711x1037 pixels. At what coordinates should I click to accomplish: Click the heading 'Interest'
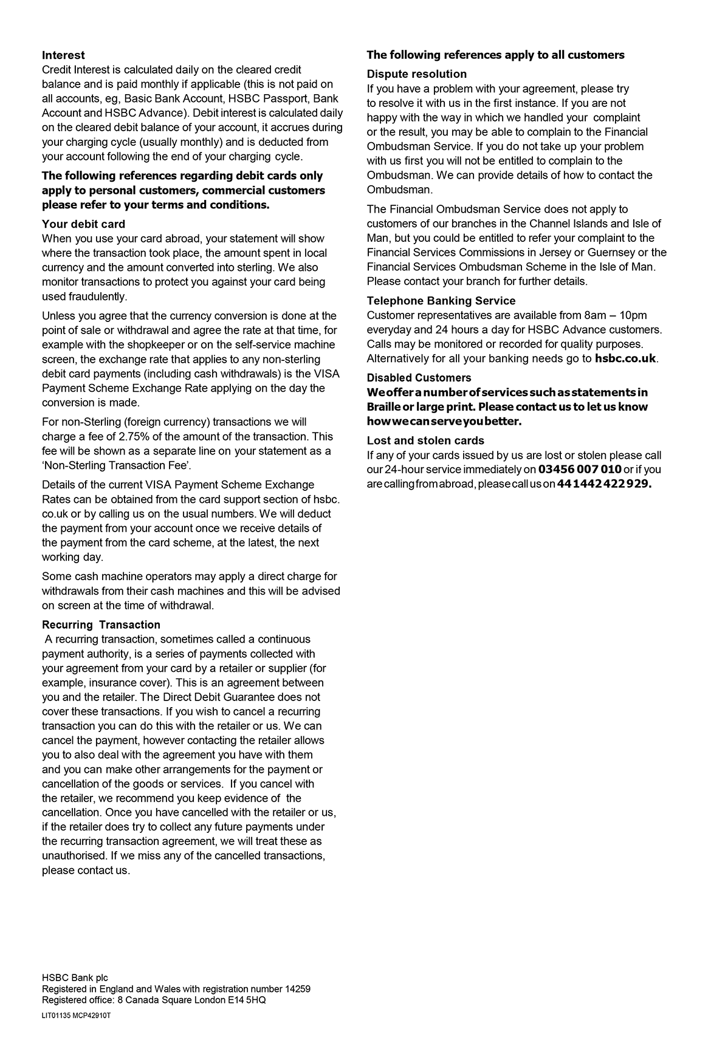click(x=63, y=55)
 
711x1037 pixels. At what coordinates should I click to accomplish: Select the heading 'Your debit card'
click(x=83, y=224)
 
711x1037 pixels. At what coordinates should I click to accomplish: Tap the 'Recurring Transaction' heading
click(x=101, y=625)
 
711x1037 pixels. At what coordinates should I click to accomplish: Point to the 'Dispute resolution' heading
click(x=416, y=74)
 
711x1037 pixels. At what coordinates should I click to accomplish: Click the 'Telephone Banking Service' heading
click(x=441, y=301)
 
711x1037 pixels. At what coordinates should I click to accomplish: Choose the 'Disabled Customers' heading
click(x=419, y=378)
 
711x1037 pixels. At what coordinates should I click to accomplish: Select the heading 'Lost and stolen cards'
click(x=425, y=440)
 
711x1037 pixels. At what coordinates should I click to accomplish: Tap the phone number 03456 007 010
click(x=580, y=470)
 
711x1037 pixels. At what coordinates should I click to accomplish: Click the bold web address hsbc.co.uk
click(x=625, y=358)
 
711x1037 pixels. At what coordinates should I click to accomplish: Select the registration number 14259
click(x=298, y=989)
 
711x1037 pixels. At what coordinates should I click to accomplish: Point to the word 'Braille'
click(x=382, y=407)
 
